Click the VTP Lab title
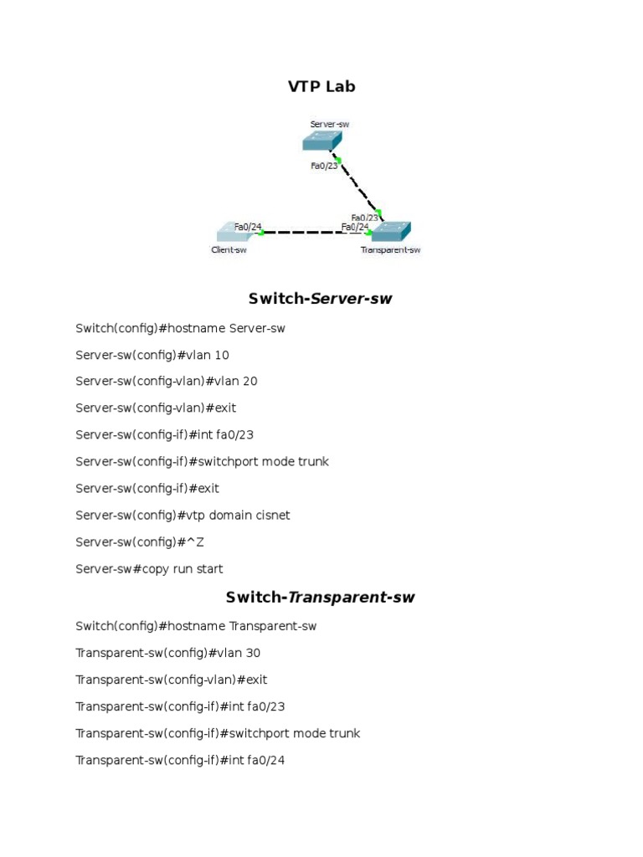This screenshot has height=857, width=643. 321,86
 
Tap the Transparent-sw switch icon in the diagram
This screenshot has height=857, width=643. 391,232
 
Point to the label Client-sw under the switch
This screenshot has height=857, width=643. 229,249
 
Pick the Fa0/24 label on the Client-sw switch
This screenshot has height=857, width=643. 248,226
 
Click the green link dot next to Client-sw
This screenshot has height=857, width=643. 262,233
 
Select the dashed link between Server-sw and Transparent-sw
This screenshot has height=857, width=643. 359,187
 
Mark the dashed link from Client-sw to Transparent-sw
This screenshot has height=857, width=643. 314,233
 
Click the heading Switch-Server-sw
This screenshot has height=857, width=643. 321,299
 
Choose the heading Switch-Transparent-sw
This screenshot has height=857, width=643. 321,598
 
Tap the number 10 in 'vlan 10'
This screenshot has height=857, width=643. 221,355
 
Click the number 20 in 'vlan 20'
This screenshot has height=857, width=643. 249,382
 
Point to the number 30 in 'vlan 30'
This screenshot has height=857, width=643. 265,653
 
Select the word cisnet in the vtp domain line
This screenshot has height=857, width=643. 270,516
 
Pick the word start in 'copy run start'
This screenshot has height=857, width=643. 208,569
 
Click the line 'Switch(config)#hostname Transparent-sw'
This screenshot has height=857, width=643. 196,626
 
